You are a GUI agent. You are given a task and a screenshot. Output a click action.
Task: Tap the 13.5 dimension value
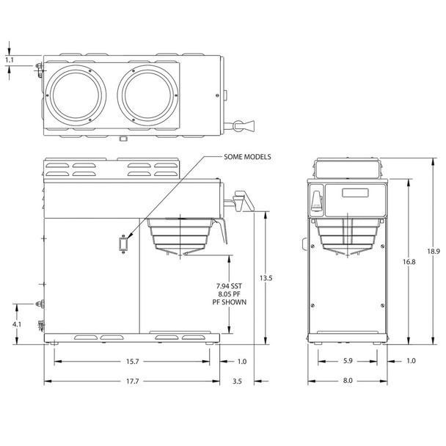click(x=268, y=278)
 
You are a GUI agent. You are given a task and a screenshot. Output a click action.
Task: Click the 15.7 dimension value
click(x=133, y=362)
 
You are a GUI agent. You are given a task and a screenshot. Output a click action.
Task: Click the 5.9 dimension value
click(x=348, y=361)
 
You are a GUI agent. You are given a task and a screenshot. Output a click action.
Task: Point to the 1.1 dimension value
click(x=8, y=60)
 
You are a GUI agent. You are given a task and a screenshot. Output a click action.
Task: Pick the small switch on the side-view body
click(x=123, y=242)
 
